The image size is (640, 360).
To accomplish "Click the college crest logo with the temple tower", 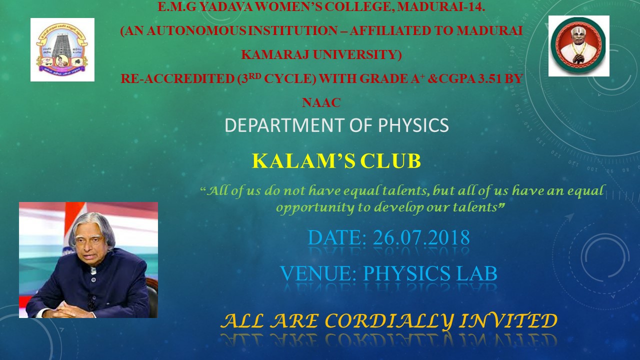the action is click(62, 49).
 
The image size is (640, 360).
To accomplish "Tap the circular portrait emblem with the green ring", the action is click(579, 45).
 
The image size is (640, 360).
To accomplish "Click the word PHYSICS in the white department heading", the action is click(413, 125).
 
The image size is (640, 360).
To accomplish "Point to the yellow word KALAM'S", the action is click(303, 161).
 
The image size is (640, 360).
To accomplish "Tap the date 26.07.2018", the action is click(421, 237).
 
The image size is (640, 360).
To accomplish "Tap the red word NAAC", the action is click(321, 102).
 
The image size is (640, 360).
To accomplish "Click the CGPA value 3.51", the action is click(489, 78).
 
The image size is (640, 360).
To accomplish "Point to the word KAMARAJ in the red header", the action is click(275, 54).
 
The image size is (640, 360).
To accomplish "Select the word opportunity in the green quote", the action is click(315, 207).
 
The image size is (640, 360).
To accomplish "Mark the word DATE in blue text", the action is click(337, 237).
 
